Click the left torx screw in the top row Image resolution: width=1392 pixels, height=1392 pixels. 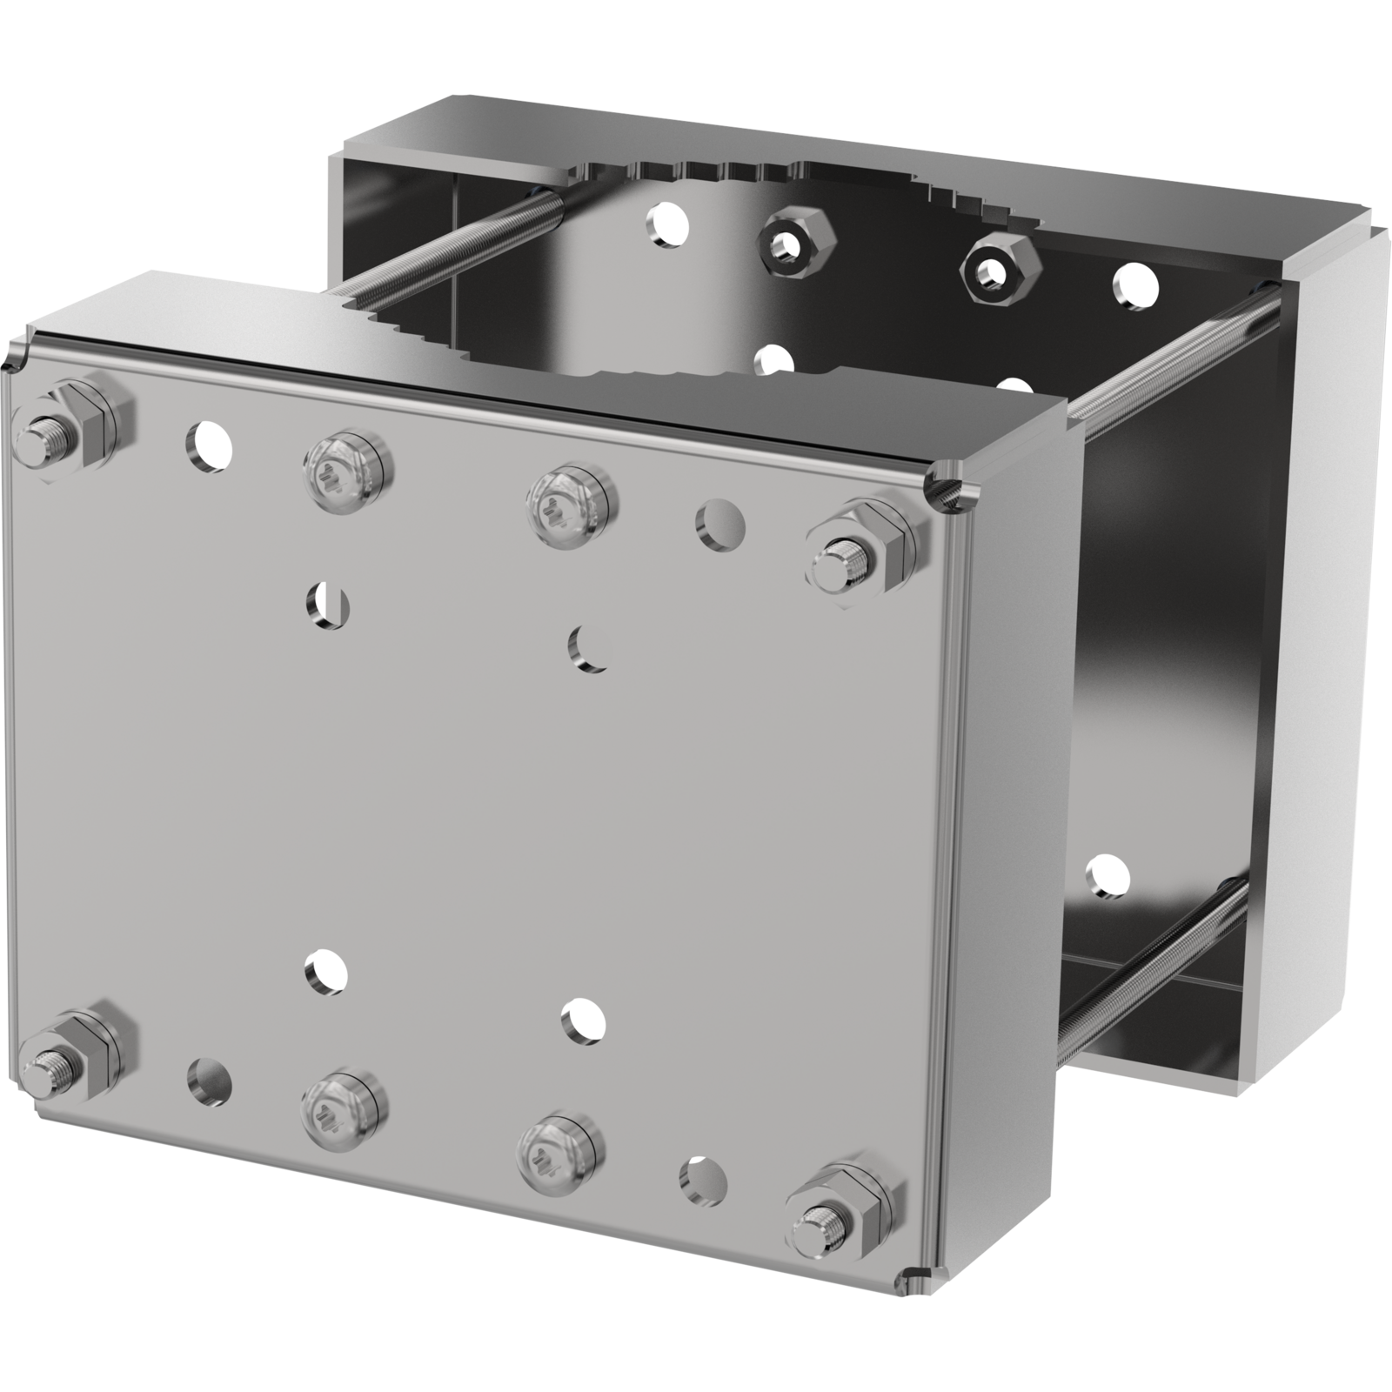pyautogui.click(x=348, y=470)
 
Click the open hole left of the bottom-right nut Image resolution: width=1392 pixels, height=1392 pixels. pyautogui.click(x=703, y=1181)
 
